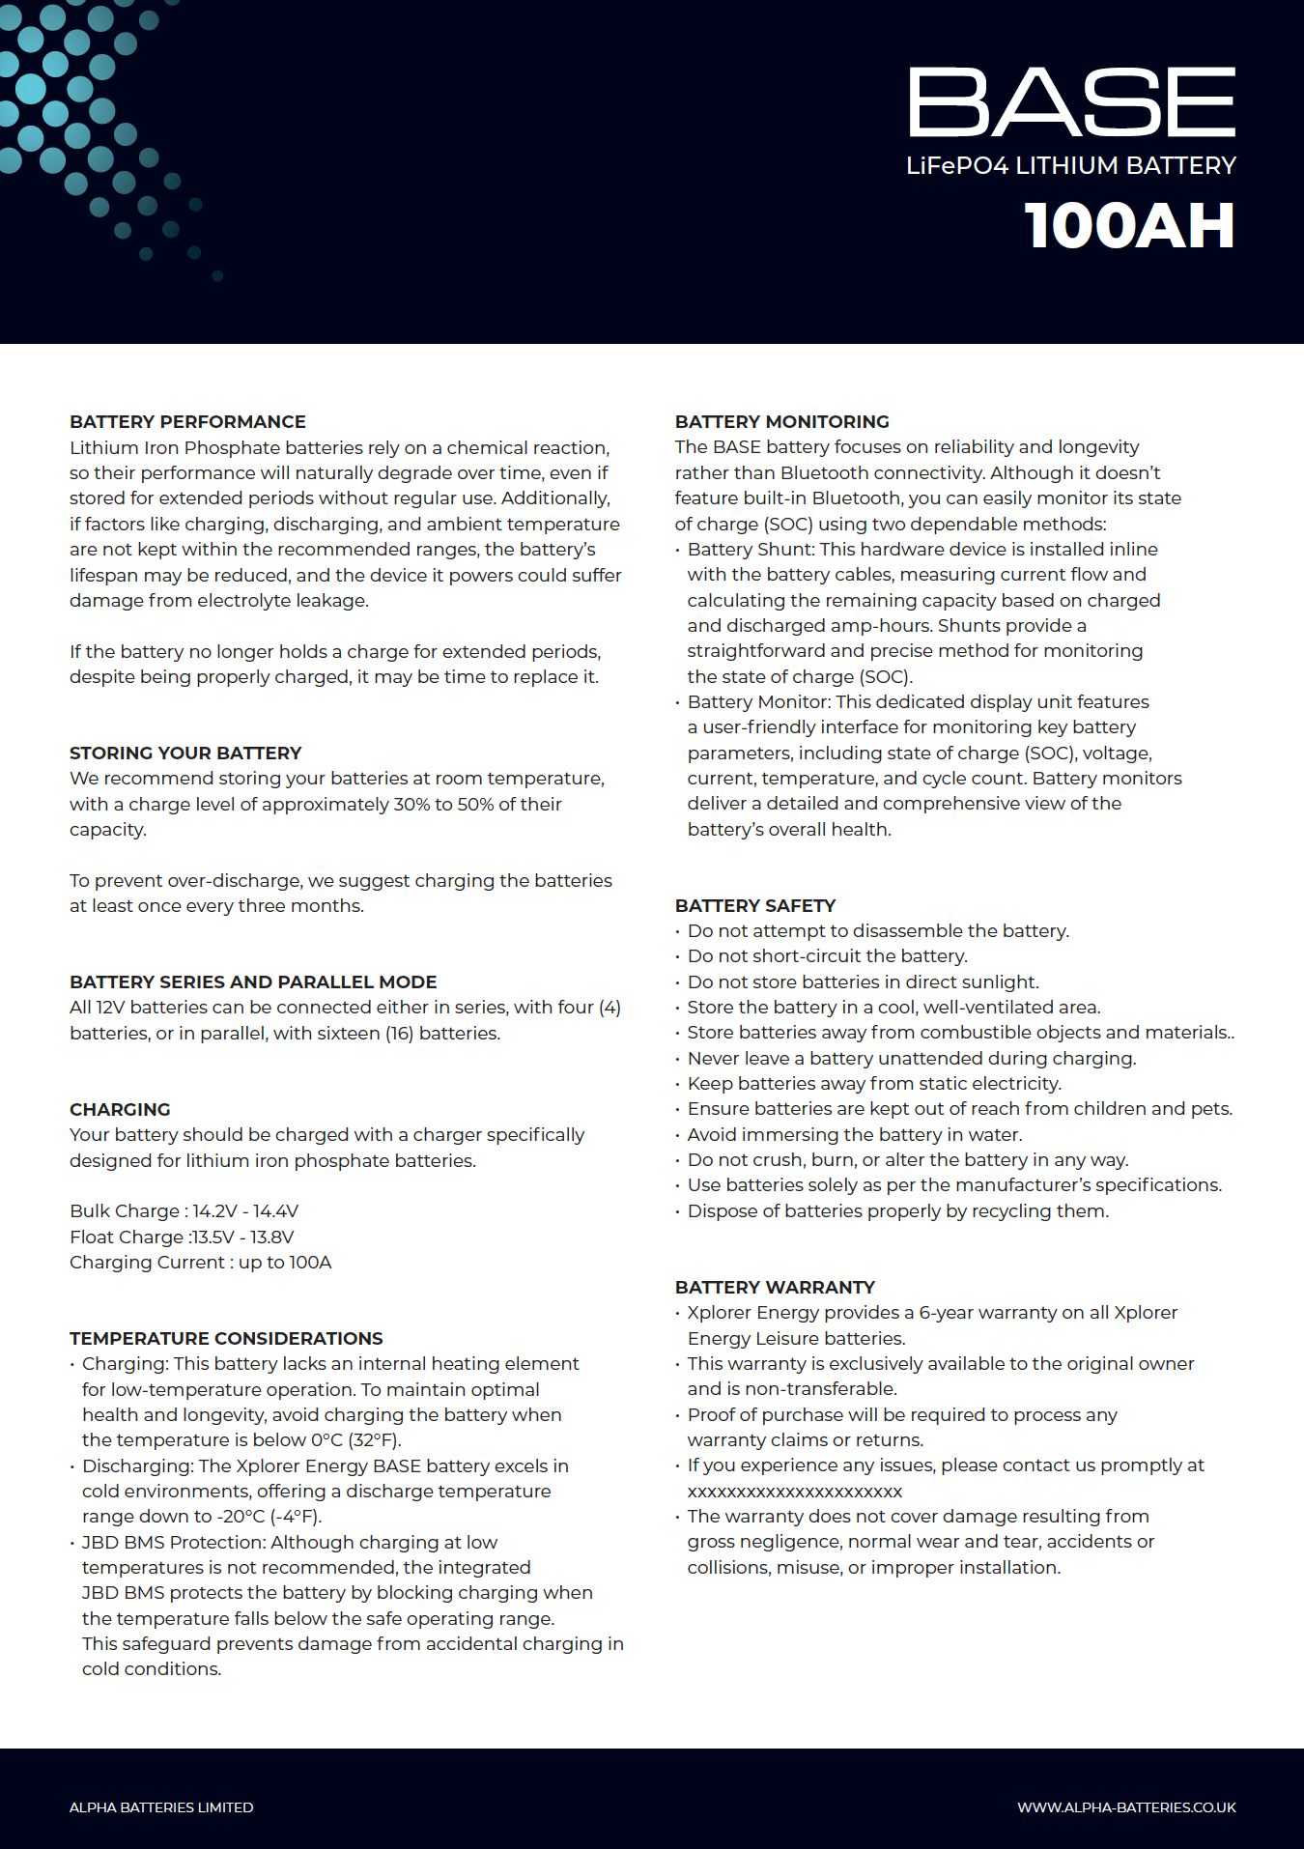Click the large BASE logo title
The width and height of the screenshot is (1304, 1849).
[x=1071, y=102]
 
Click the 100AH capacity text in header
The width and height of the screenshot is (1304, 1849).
[x=1129, y=226]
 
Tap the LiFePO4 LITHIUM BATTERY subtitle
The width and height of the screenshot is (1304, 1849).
[x=1070, y=166]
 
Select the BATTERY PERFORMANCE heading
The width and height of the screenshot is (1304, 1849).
[x=187, y=422]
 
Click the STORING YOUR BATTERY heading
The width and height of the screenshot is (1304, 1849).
[x=185, y=754]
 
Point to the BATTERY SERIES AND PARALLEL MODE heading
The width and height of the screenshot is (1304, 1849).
[x=253, y=982]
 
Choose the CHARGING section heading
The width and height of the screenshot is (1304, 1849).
[x=120, y=1110]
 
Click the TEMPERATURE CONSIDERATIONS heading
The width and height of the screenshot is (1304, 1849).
[x=226, y=1339]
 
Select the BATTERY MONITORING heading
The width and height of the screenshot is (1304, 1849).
[x=781, y=422]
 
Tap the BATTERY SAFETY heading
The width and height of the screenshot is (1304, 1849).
[x=754, y=906]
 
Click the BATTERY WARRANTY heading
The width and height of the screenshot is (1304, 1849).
[x=775, y=1288]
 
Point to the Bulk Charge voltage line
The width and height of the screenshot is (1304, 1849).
[x=184, y=1211]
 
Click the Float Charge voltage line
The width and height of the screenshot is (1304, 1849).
[x=182, y=1237]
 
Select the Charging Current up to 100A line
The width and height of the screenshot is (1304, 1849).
[x=200, y=1263]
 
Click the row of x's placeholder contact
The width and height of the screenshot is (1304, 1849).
[x=795, y=1492]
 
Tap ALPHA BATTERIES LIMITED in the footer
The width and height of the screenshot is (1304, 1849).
[x=161, y=1807]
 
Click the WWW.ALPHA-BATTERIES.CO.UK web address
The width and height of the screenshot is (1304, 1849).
[x=1126, y=1807]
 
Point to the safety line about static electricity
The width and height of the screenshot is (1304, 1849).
[x=874, y=1084]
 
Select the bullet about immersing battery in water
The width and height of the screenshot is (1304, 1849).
[x=854, y=1135]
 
